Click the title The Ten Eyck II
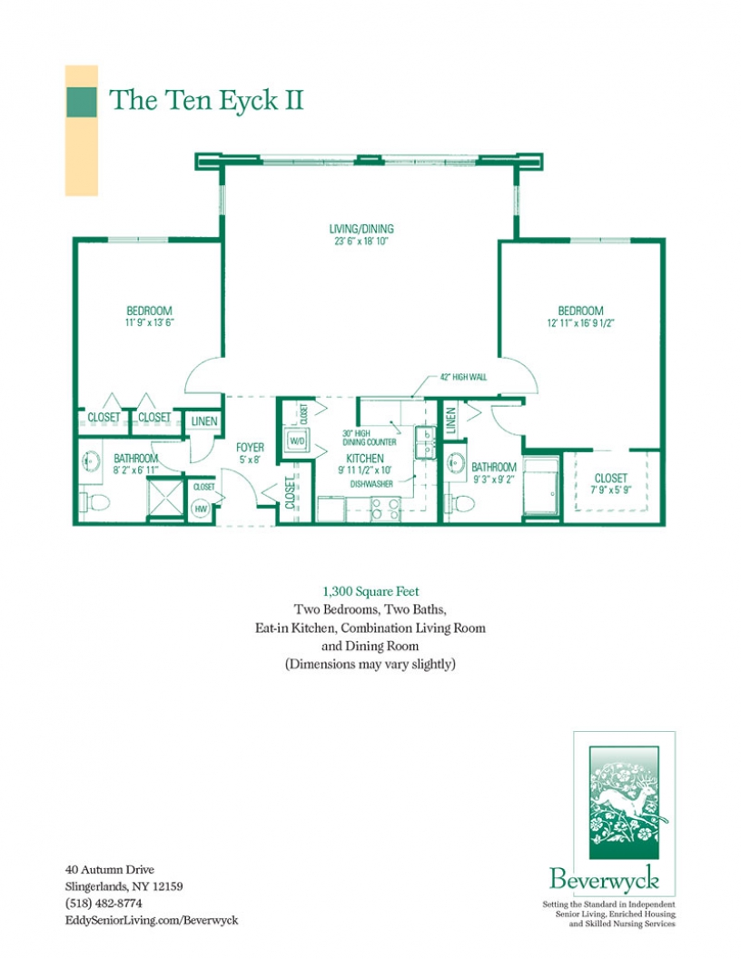coord(206,101)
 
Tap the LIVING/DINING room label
coord(361,229)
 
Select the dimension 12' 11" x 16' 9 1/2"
coord(580,322)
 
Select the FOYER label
coord(250,447)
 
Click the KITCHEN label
coord(364,459)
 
